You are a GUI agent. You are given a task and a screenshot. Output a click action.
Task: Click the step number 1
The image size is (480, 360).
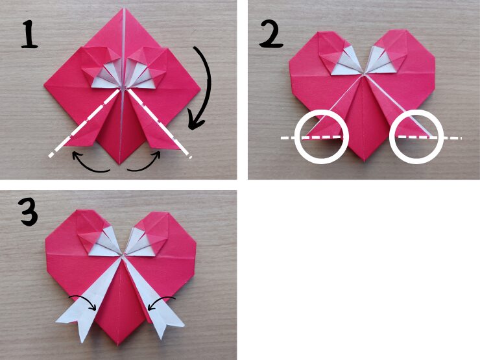click(x=30, y=34)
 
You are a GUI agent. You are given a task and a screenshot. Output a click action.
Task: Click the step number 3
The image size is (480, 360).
click(x=29, y=211)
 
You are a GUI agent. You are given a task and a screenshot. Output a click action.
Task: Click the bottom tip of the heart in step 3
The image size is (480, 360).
click(x=118, y=345)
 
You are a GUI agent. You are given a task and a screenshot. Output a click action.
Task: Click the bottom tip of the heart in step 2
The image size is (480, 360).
click(x=365, y=161)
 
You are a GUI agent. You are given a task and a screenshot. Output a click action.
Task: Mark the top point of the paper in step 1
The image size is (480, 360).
click(x=125, y=8)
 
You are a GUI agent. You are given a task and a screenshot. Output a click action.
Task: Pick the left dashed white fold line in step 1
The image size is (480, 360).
click(x=84, y=123)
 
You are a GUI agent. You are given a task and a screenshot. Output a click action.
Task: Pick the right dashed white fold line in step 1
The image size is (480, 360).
click(x=160, y=123)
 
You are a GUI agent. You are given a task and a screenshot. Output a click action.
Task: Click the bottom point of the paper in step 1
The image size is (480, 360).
click(x=120, y=164)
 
